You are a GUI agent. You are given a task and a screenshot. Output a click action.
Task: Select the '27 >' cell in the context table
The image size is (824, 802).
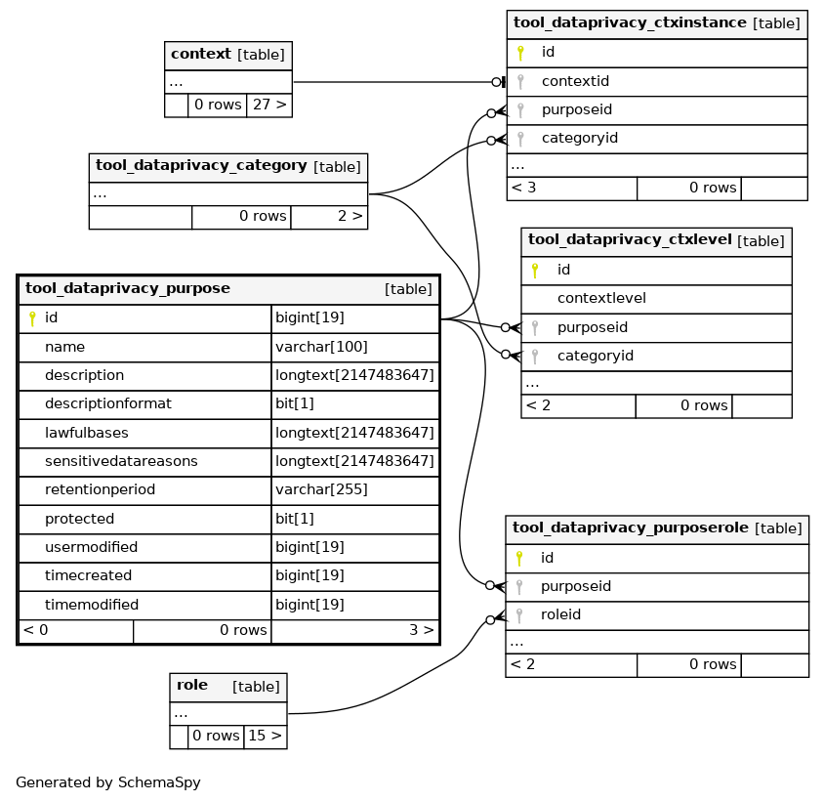click(269, 105)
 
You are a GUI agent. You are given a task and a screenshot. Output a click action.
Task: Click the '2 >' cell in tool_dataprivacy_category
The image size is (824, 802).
click(329, 217)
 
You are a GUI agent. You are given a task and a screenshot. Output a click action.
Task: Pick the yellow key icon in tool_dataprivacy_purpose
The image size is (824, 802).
click(32, 318)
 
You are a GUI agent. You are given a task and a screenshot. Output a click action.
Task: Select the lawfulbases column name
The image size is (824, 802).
click(87, 433)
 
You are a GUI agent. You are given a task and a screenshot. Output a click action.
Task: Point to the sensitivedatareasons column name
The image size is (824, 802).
click(121, 461)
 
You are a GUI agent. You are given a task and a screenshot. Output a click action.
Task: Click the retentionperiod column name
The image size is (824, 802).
click(100, 489)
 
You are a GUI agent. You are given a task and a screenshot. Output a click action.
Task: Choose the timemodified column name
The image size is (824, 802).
click(92, 605)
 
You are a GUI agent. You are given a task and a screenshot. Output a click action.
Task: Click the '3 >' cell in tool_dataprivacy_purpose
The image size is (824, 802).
click(355, 630)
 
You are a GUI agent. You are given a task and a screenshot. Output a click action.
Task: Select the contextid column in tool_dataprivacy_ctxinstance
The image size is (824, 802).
click(575, 81)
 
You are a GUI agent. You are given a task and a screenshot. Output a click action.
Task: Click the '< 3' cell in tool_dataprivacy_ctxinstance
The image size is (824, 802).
click(572, 189)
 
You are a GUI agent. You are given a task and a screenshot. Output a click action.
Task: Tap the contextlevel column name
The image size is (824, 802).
click(601, 298)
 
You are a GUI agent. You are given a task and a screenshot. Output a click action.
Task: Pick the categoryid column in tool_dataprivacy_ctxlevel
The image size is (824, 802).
click(596, 356)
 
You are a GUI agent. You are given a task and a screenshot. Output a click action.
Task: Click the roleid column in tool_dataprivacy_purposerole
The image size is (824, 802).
click(560, 614)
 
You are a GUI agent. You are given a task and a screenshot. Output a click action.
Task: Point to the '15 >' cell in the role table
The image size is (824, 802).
click(266, 736)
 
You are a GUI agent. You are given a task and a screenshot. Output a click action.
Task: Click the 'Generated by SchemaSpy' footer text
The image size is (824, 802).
click(108, 782)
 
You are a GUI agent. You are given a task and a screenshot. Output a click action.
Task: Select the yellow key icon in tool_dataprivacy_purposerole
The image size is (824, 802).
click(519, 559)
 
